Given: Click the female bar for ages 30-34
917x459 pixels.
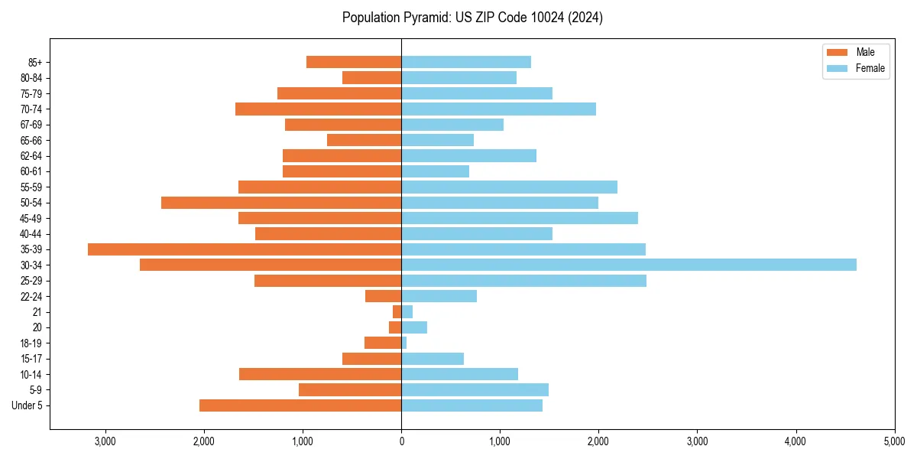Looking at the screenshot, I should pos(628,265).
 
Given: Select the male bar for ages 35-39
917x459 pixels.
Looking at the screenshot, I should pos(245,249).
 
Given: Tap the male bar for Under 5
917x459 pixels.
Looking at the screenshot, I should pos(300,405).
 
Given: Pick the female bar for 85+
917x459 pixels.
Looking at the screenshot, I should pos(466,62).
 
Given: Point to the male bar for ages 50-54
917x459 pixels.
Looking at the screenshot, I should pos(281,203).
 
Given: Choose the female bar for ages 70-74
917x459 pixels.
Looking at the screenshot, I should pos(498,109).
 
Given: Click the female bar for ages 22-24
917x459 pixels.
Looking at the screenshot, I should pos(439,296).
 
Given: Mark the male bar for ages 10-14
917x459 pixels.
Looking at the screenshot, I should pos(320,374).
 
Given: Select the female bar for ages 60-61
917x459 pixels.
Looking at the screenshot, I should pos(435,171).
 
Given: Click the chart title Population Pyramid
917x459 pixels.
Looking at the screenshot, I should pos(472,18).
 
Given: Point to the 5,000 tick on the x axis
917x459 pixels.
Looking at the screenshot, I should pos(894,441).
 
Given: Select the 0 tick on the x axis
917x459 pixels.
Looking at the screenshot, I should pos(401,441).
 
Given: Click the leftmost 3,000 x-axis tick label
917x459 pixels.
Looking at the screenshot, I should pos(105,441).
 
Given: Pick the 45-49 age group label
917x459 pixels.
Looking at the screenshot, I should pos(31,218).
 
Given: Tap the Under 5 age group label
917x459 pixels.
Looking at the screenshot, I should pos(27,405).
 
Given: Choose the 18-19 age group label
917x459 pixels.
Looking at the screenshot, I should pos(31,343).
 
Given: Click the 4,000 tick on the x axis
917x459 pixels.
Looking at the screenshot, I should pos(795,441).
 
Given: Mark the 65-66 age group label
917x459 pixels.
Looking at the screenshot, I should pos(31,140).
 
